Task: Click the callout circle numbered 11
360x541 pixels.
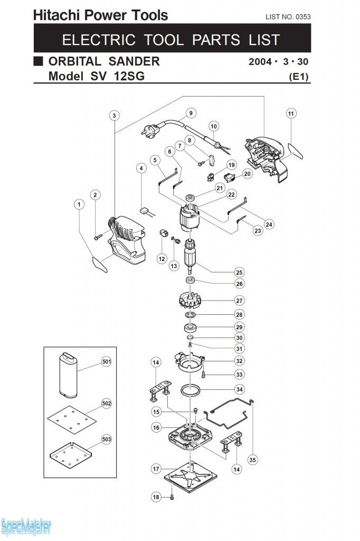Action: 291,114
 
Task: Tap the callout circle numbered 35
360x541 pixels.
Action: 253,460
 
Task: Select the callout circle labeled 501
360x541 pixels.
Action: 106,362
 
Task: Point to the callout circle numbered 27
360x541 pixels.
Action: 240,301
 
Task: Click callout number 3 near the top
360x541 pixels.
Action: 115,116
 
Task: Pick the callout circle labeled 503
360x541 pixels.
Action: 106,439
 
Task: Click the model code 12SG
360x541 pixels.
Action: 127,76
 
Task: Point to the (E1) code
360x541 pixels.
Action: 299,77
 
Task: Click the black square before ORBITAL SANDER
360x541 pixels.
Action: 38,61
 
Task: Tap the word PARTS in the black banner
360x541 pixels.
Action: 216,40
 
